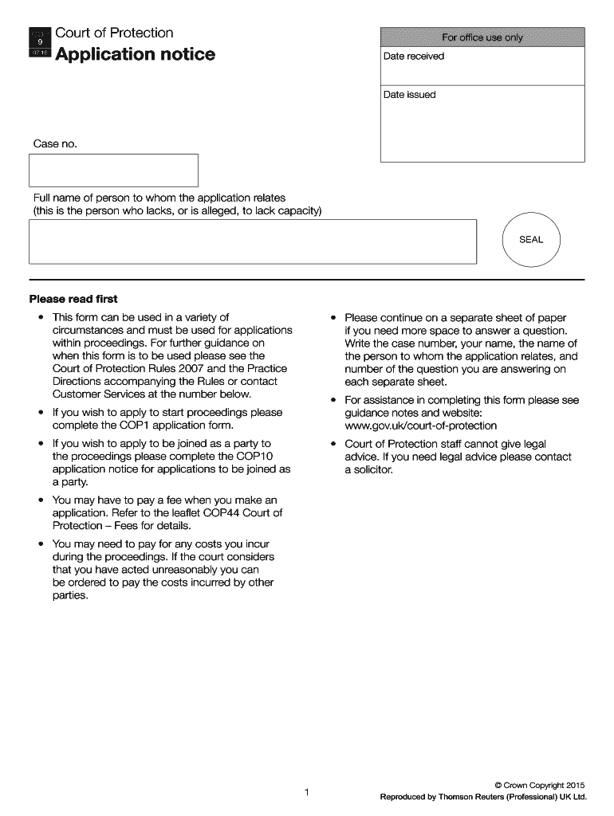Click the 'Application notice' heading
(135, 54)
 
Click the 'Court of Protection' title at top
(114, 33)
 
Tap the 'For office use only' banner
(482, 37)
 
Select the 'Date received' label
(413, 57)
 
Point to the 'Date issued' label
(409, 95)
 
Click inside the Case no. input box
(113, 171)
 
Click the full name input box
(252, 241)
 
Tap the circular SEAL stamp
(531, 240)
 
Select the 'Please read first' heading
(73, 299)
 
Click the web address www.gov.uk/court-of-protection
(420, 426)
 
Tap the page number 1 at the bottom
(306, 791)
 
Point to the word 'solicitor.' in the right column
(368, 469)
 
